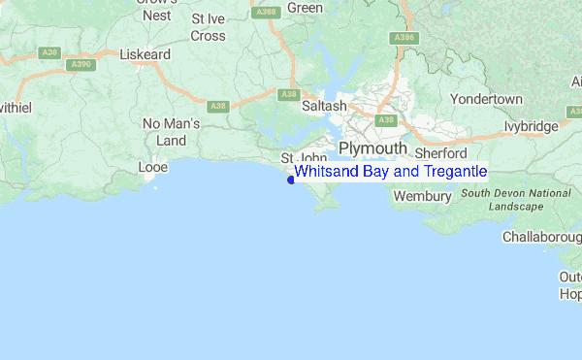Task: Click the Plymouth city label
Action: point(372,147)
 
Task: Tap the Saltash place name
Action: point(324,105)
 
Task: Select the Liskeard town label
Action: point(144,55)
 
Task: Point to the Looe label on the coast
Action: point(154,167)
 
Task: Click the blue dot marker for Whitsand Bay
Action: point(291,180)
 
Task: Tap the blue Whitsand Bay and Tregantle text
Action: point(390,172)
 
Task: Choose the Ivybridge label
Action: point(532,126)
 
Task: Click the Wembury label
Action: point(422,196)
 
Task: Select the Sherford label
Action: point(440,153)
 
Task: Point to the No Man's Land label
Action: point(171,132)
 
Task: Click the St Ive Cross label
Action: point(209,27)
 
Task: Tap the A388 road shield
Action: point(264,11)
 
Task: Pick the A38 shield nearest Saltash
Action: point(287,94)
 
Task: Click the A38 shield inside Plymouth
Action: point(386,120)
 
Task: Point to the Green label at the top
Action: point(305,8)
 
